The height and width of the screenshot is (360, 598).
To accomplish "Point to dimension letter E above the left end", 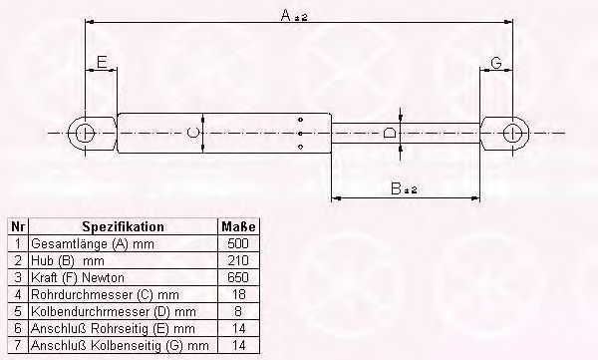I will click(x=100, y=63).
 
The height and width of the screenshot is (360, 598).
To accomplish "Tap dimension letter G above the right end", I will click(x=496, y=63).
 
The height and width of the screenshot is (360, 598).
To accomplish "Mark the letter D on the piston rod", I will click(x=390, y=134).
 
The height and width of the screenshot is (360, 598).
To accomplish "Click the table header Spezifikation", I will click(x=123, y=227).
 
